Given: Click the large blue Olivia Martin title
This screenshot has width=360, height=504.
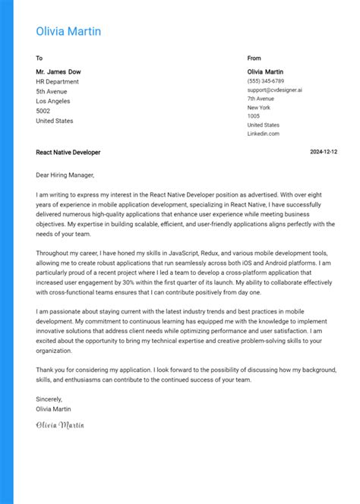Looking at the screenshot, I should (68, 31).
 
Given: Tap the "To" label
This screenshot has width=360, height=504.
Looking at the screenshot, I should (39, 58).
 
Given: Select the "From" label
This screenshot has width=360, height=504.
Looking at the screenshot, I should (254, 58).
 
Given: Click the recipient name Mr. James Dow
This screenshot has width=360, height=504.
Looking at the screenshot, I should (58, 71).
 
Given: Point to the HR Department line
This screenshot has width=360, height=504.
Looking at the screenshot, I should (57, 81).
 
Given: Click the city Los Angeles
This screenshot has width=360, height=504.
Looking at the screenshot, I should (53, 101).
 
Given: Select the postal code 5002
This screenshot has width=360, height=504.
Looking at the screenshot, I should (43, 111).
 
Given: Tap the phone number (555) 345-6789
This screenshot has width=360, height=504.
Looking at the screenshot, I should (265, 80).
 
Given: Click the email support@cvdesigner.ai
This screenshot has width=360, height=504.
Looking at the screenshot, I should (274, 90).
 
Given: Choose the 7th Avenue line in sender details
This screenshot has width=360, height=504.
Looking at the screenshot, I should (261, 99).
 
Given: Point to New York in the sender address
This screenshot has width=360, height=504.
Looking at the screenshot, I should (259, 107).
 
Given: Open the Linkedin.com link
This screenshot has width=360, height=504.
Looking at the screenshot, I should (263, 134).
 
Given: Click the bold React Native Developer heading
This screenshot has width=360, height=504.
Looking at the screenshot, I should (68, 153).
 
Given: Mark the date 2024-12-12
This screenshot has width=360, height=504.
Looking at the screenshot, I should (324, 153).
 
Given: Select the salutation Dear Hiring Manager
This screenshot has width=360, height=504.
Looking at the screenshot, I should (65, 175).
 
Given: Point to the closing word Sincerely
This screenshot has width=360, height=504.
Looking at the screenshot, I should (49, 398).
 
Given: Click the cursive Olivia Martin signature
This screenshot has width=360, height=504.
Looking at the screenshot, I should (60, 424).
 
